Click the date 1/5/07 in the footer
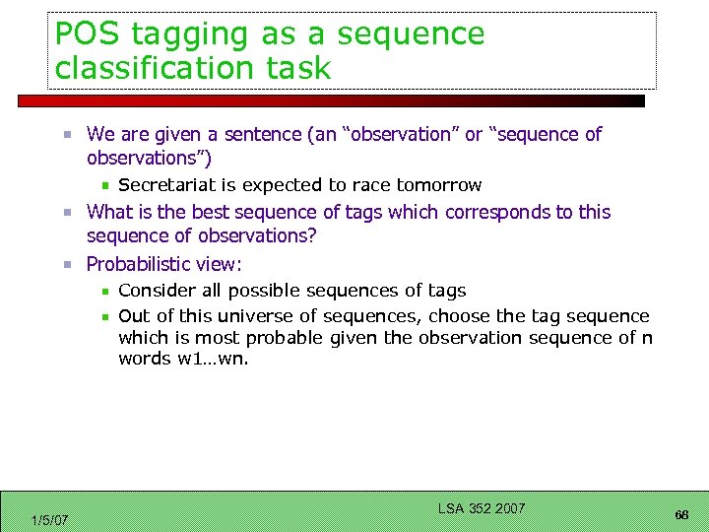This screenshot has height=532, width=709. click(49, 519)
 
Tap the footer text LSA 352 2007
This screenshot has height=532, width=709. click(481, 508)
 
